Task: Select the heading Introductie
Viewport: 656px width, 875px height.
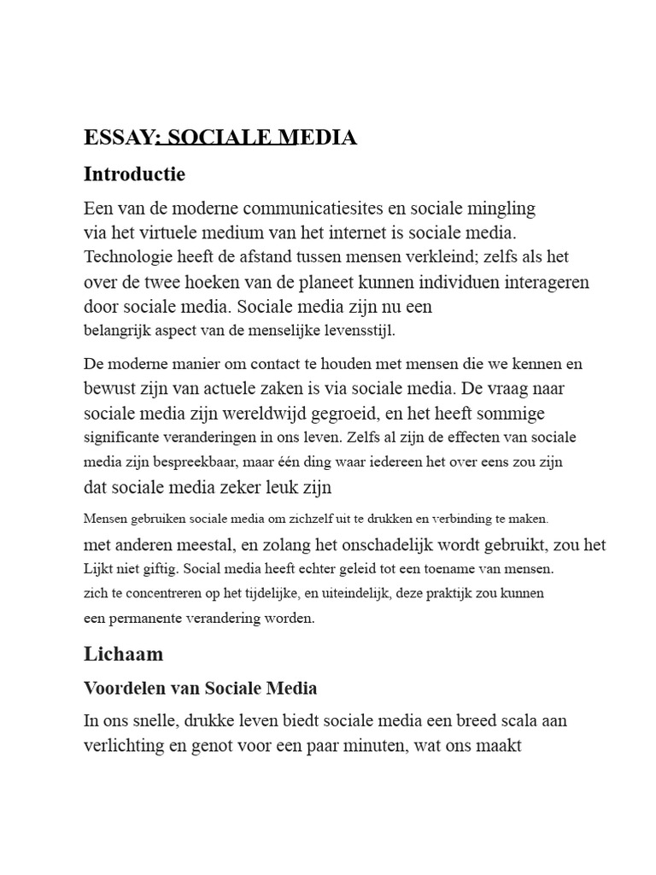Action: tap(134, 174)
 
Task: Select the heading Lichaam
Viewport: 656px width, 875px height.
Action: tap(124, 655)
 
